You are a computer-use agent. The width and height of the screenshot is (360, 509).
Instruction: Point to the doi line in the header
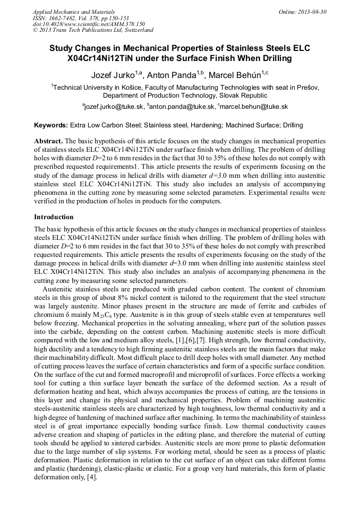click(89, 24)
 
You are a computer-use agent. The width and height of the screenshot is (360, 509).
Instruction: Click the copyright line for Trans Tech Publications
click(93, 31)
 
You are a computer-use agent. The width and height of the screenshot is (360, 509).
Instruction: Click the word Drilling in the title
click(273, 58)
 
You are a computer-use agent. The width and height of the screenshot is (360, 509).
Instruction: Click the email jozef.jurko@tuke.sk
click(114, 107)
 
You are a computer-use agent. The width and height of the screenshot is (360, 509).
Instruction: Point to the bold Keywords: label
click(51, 126)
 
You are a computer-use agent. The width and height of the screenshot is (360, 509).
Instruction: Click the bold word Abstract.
click(48, 141)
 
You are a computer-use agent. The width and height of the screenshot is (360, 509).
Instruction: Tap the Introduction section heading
click(54, 217)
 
